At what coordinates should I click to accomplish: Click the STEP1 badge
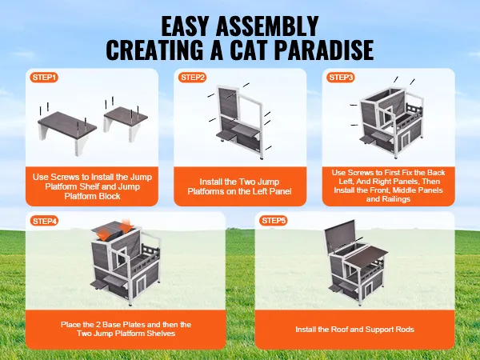pyautogui.click(x=44, y=77)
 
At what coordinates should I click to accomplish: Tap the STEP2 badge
pyautogui.click(x=192, y=77)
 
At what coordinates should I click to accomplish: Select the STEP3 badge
pyautogui.click(x=341, y=77)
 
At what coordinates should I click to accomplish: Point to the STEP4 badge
pyautogui.click(x=44, y=221)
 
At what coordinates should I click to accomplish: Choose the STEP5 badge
pyautogui.click(x=274, y=221)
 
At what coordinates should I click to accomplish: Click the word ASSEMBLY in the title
pyautogui.click(x=267, y=26)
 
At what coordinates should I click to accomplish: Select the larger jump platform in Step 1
pyautogui.click(x=67, y=132)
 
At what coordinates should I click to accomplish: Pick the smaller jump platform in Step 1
pyautogui.click(x=126, y=122)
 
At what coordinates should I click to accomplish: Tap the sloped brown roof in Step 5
pyautogui.click(x=366, y=256)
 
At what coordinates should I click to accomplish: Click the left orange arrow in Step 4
pyautogui.click(x=105, y=235)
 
